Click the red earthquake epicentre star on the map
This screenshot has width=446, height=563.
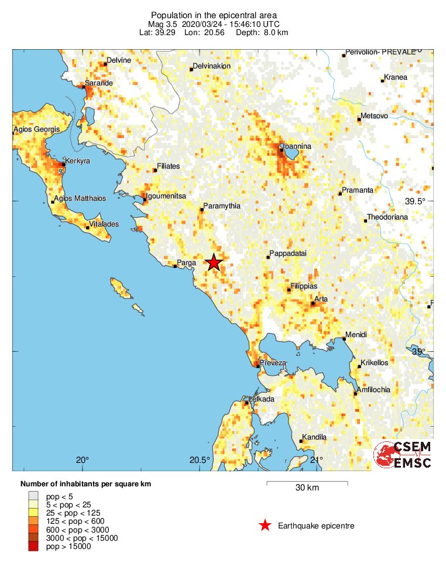(x=214, y=262)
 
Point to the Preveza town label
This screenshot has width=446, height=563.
(x=273, y=363)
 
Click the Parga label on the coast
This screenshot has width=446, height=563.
(x=186, y=263)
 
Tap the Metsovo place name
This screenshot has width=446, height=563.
(x=374, y=116)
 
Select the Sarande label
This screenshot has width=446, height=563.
(x=98, y=83)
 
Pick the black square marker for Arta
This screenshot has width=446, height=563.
(x=313, y=303)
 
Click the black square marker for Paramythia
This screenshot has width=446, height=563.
(x=202, y=210)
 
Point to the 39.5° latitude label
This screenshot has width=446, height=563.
(x=416, y=201)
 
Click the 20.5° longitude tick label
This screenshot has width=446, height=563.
(x=200, y=459)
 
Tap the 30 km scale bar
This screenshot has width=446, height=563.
(x=307, y=483)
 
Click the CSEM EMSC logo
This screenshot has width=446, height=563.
(x=403, y=454)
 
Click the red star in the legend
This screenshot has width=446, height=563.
(x=265, y=526)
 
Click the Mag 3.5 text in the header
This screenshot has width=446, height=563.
(x=164, y=24)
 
